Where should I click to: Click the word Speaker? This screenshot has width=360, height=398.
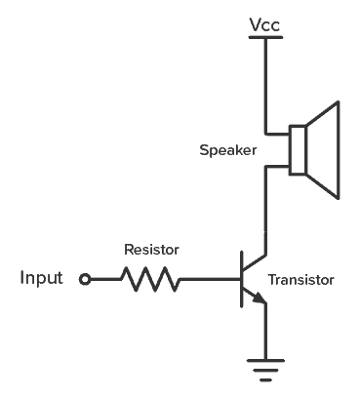(x=227, y=150)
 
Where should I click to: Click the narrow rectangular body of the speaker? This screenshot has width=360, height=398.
(x=298, y=150)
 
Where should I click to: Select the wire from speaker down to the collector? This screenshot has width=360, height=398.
(x=263, y=205)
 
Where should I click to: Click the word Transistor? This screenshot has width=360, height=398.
(x=301, y=280)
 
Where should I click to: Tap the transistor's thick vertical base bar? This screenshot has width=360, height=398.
(x=241, y=280)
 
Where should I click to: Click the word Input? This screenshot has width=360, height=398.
(x=42, y=279)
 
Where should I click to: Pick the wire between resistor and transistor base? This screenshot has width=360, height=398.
(x=210, y=280)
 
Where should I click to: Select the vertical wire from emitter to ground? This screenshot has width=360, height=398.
(x=263, y=332)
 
